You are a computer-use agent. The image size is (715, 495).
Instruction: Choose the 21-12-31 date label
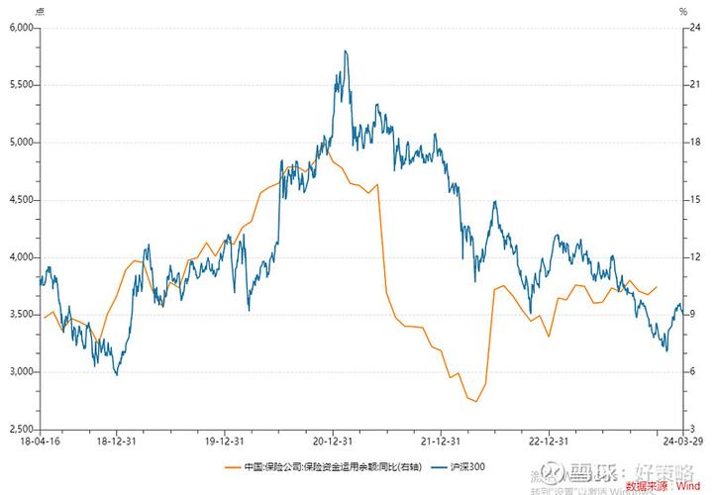[443, 443]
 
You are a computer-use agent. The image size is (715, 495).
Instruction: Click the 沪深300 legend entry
[464, 465]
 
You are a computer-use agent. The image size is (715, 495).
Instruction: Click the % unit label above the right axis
[683, 11]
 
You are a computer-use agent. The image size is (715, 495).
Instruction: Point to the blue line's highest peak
[345, 50]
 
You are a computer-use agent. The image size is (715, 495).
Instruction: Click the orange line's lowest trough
[476, 401]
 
